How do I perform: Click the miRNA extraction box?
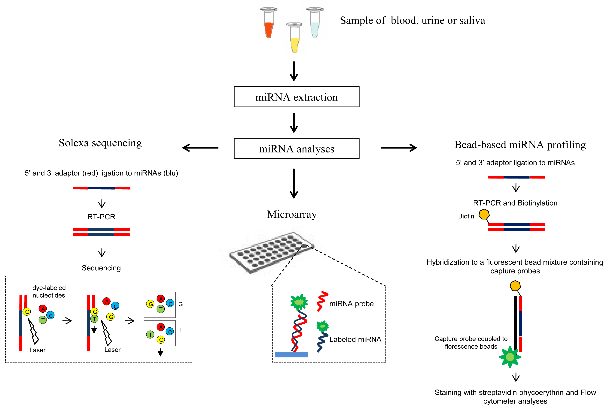pyautogui.click(x=296, y=97)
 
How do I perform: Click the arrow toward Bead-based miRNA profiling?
pyautogui.click(x=399, y=148)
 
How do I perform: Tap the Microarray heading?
pyautogui.click(x=292, y=214)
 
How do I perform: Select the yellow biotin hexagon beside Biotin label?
pyautogui.click(x=484, y=214)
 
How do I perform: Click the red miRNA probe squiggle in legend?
pyautogui.click(x=322, y=301)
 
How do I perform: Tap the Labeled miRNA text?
pyautogui.click(x=355, y=339)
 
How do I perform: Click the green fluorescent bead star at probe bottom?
pyautogui.click(x=510, y=357)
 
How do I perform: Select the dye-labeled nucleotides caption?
pyautogui.click(x=49, y=292)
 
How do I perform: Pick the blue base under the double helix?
pyautogui.click(x=291, y=354)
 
